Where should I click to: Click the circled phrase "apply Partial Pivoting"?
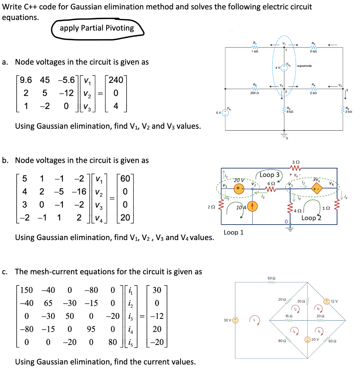tap(97, 28)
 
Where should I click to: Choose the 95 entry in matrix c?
tap(91, 329)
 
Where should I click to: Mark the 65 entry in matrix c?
tap(48, 303)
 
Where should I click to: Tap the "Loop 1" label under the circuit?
tap(234, 233)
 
